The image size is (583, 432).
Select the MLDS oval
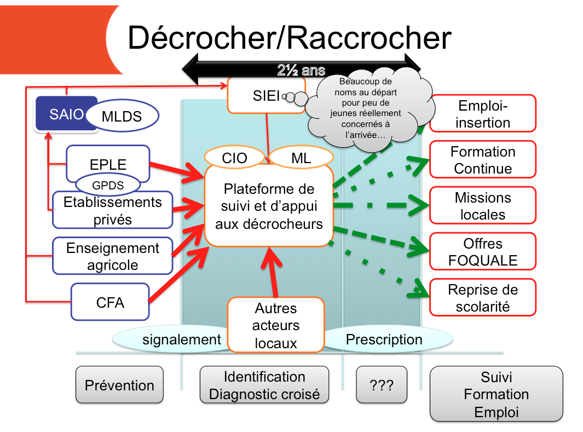pos(122,116)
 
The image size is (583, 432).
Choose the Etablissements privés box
pos(112,210)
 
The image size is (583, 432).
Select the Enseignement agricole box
pos(112,256)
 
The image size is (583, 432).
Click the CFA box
pos(110,302)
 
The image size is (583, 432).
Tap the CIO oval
pos(234,158)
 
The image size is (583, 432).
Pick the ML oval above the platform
pos(301,158)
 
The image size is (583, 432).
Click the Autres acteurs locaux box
pos(276,326)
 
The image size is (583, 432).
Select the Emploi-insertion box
pos(482,114)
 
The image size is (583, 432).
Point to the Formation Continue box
pos(482,160)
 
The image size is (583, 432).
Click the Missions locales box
pos(482,206)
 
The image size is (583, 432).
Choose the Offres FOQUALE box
pos(482,252)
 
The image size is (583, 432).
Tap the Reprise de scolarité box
pos(482,298)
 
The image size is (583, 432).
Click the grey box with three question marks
pos(382,385)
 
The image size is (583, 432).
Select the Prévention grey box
pos(119,385)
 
